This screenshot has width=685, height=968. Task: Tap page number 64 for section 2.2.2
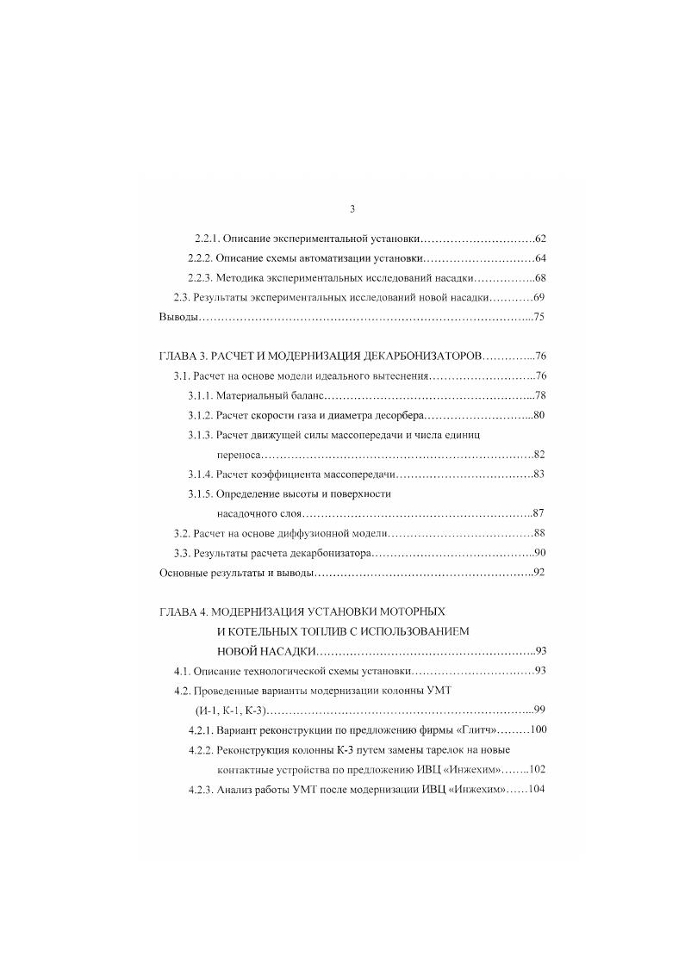[540, 258]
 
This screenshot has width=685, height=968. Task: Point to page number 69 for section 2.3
[540, 297]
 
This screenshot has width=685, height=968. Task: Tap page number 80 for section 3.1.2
[540, 416]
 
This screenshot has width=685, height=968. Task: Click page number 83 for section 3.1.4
[540, 474]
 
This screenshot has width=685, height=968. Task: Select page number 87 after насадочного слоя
[540, 513]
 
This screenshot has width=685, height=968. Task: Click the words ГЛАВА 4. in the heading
[184, 611]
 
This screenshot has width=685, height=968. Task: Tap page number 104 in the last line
[537, 790]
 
